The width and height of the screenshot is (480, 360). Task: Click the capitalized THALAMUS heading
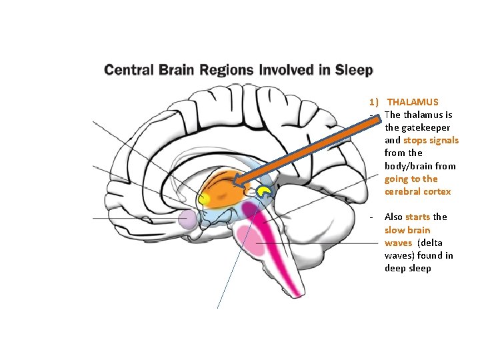413,102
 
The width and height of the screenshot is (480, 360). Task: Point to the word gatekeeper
408,127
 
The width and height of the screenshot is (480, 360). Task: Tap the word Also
393,217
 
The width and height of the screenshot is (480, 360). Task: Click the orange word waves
398,243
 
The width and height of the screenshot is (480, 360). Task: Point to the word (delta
429,243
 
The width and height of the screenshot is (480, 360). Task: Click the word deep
393,268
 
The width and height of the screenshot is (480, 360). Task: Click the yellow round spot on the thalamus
204,198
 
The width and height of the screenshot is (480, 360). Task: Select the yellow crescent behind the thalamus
265,192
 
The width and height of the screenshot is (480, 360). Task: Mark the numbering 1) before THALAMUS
375,102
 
